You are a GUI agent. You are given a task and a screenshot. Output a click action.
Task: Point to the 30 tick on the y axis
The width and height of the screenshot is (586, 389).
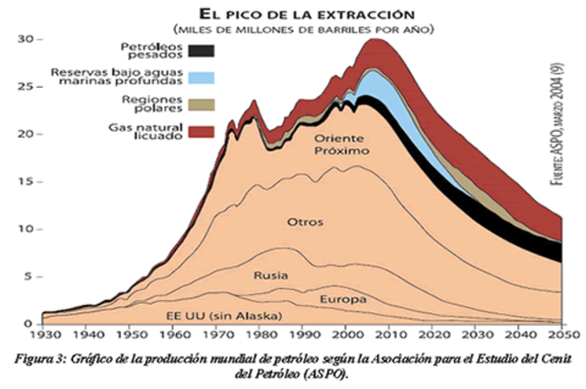[27, 39]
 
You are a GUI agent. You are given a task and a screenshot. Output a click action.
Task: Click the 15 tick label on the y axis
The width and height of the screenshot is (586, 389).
[27, 181]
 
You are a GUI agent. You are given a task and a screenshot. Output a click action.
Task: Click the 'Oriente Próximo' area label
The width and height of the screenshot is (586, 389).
[340, 145]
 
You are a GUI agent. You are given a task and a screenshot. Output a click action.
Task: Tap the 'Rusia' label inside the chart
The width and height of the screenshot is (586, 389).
[271, 275]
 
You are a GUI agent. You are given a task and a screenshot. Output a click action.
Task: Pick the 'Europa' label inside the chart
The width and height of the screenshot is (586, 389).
[343, 299]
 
